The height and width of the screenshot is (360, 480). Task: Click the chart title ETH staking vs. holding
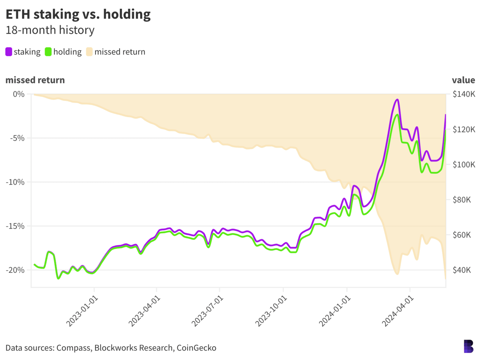coord(78,14)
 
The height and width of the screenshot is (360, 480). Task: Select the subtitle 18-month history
coord(50,30)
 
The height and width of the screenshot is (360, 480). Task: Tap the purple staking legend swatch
coord(9,52)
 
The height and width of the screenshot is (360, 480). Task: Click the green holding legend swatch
coord(48,52)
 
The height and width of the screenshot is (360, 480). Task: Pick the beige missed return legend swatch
coord(89,52)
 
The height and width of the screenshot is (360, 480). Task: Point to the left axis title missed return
coord(35,80)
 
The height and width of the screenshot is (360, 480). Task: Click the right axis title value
coord(463,80)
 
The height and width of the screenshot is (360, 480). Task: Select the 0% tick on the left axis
coord(19,94)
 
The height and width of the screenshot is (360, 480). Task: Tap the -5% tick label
coord(17,138)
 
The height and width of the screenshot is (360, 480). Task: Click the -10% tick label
coord(15,182)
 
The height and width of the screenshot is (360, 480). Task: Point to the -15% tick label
coord(15,226)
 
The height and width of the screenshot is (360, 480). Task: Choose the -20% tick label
coord(15,270)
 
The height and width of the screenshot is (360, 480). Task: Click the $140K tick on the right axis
coord(464,94)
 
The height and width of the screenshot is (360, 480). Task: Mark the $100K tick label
coord(464,165)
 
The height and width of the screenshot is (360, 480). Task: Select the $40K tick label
coord(462,270)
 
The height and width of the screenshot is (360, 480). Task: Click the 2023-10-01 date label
coord(272,311)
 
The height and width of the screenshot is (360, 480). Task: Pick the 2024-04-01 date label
coord(398,311)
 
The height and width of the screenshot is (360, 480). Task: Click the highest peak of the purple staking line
coord(397,99)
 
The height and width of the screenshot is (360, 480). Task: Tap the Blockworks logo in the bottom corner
coord(468,346)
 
